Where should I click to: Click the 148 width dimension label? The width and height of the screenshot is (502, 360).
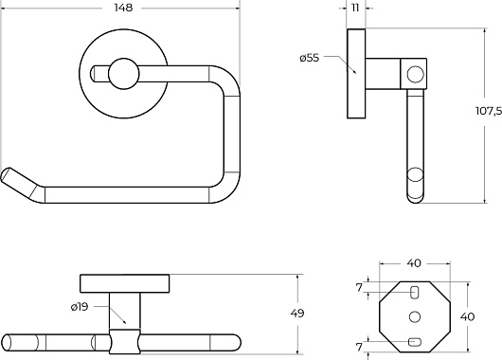pos(123,8)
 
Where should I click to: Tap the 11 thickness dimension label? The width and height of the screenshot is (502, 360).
pos(355,8)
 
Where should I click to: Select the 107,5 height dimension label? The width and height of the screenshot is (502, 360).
pos(489,111)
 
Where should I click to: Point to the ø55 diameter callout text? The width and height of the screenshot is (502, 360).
pos(310,58)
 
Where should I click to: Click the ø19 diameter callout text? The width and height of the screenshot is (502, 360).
pos(80,307)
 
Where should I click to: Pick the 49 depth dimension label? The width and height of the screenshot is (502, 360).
pos(297,313)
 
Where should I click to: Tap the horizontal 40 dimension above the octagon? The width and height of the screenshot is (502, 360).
pos(414,263)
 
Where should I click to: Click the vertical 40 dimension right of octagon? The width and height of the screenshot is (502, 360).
pos(467,316)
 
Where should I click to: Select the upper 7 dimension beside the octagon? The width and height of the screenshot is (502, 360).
pos(359,288)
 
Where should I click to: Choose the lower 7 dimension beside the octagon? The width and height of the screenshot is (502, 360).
pos(359,347)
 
